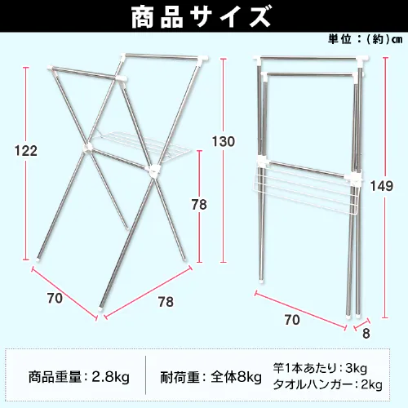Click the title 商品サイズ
click(x=203, y=16)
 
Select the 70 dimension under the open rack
click(x=55, y=298)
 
